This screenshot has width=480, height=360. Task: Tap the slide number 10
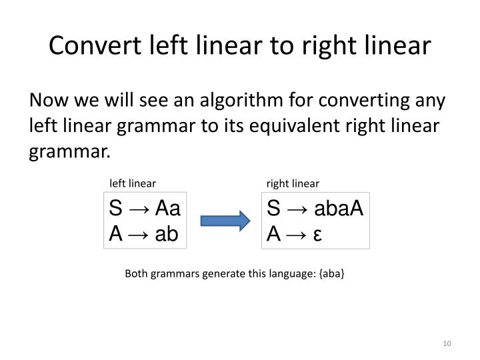coord(447,343)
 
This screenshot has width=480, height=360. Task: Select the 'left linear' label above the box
coord(133,183)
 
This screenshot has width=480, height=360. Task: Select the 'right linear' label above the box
coord(293,183)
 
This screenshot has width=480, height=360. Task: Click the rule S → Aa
coord(145,209)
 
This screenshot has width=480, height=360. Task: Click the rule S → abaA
coord(315,209)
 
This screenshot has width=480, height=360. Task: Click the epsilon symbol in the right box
coord(317,235)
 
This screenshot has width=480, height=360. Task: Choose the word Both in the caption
coord(136,273)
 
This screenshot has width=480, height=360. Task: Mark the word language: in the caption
coord(289,273)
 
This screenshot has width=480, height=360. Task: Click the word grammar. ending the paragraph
coord(69,149)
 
